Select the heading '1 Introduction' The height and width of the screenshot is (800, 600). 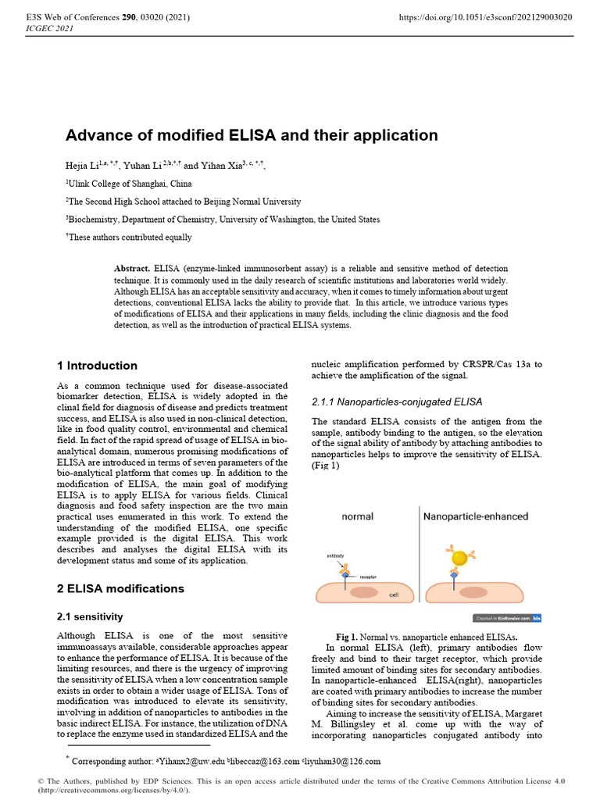click(98, 366)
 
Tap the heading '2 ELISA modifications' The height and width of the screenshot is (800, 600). click(121, 588)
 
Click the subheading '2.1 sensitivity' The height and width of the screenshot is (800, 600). click(91, 616)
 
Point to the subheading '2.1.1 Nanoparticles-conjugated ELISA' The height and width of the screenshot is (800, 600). click(397, 402)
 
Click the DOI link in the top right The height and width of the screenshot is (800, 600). click(485, 16)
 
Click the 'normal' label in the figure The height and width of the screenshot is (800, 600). click(357, 516)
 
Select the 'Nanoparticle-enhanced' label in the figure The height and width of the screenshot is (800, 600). click(475, 516)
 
